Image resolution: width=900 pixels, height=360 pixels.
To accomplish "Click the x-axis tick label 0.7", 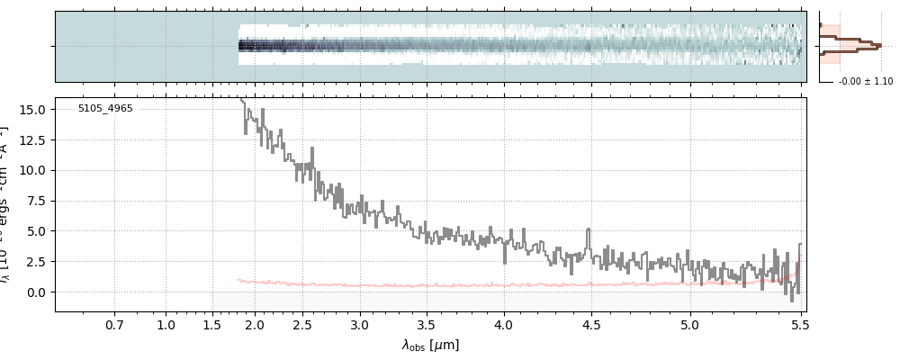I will coord(113,324).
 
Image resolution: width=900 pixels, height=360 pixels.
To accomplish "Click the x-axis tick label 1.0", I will coord(166,324).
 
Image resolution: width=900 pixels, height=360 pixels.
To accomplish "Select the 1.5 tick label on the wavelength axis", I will coord(212,324).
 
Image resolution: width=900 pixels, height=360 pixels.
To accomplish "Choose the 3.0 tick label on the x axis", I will coord(359,324).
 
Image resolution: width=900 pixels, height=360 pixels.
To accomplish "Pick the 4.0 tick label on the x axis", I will coord(503,324).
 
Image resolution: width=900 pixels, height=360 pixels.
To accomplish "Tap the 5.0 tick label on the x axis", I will coord(689,324).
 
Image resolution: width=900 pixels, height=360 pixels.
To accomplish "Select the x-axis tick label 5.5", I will coord(798,324).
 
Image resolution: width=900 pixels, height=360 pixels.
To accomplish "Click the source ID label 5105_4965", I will coord(105,109).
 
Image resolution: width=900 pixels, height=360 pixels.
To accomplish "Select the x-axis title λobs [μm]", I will coord(430,345).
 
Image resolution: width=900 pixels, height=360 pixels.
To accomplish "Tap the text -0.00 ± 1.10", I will coord(865,82).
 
